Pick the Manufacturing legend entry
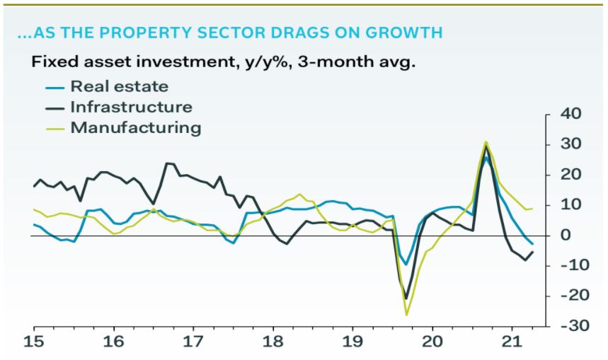click(135, 128)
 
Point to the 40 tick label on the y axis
click(570, 114)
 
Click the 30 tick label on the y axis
click(570, 144)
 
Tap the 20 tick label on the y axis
click(570, 175)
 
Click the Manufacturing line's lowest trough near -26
click(407, 315)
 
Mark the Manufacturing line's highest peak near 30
click(486, 142)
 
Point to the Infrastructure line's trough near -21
click(406, 298)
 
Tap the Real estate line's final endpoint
click(532, 243)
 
